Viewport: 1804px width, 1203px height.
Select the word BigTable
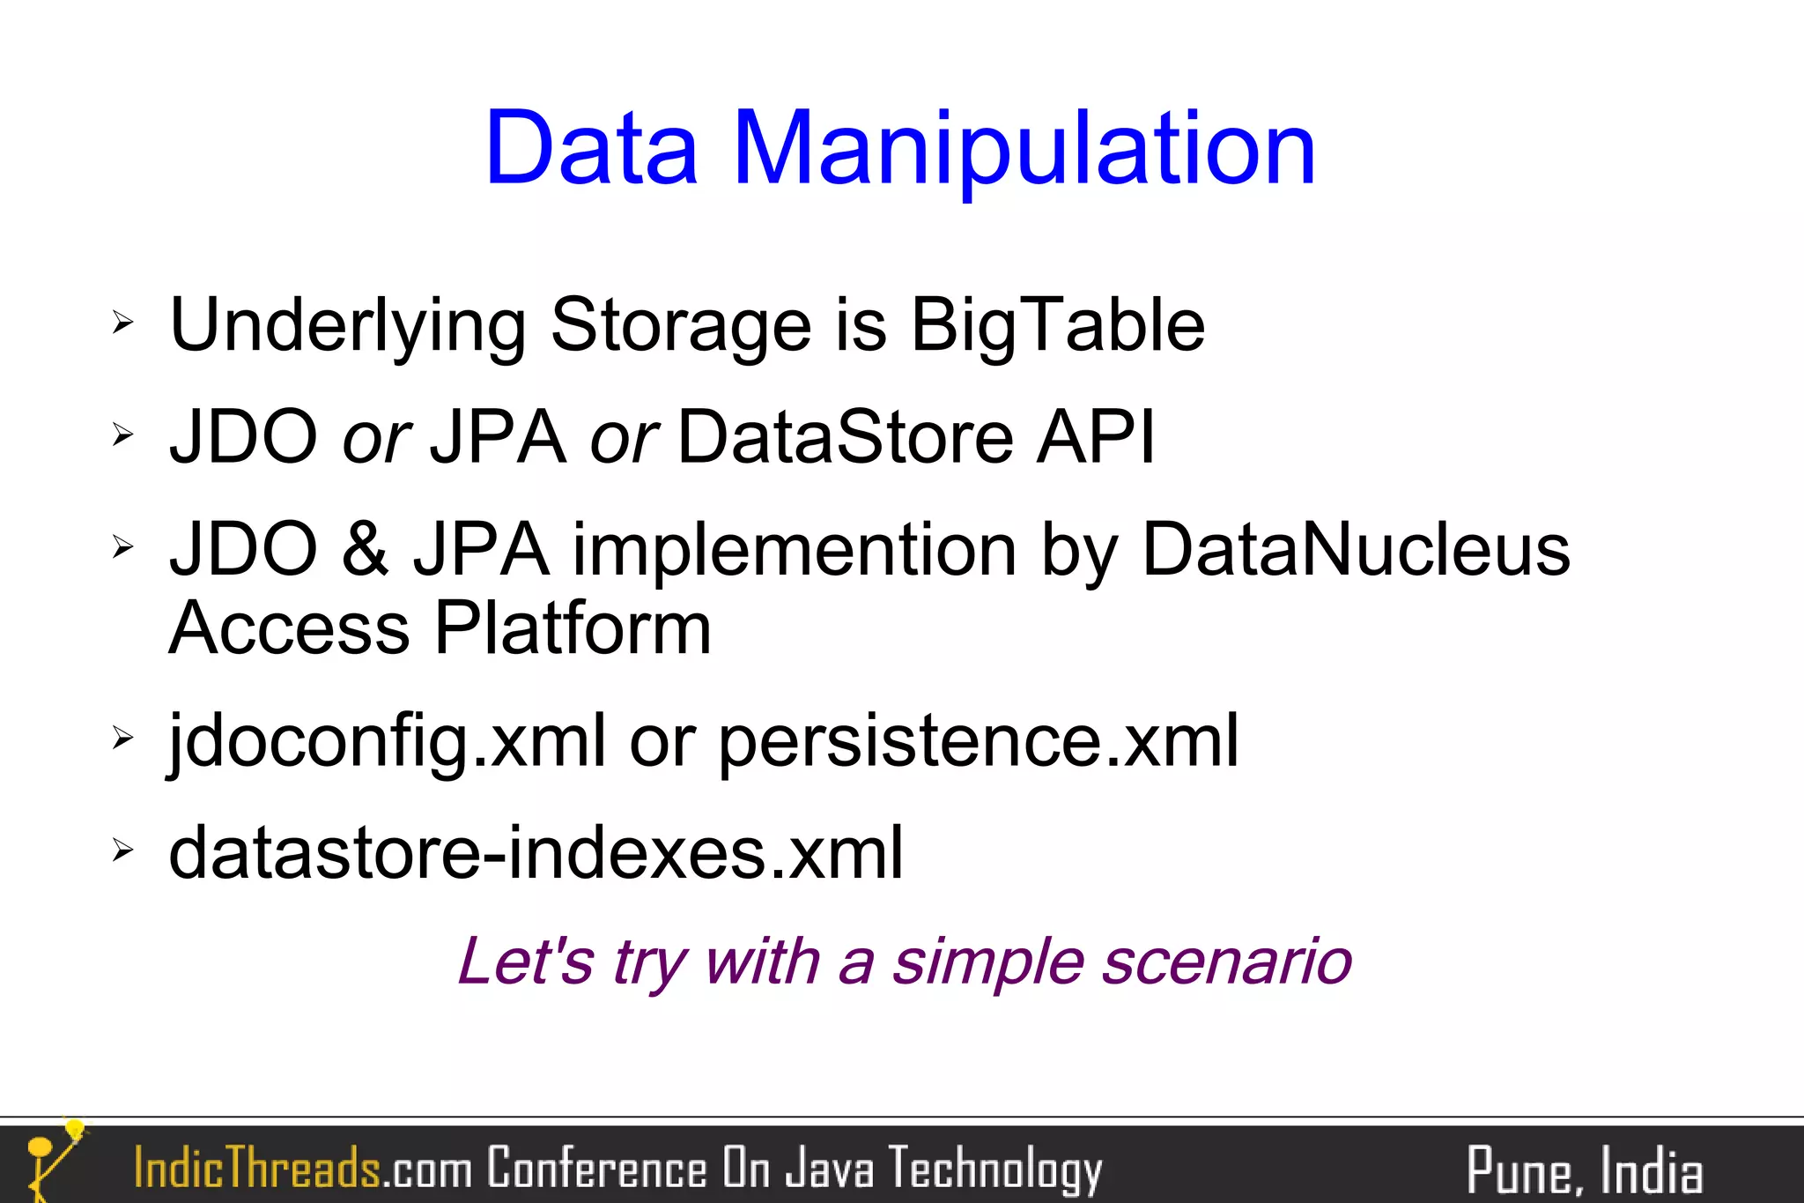pyautogui.click(x=1057, y=325)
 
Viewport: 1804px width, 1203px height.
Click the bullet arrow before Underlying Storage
pyautogui.click(x=122, y=323)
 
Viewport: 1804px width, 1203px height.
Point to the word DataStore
pyautogui.click(x=846, y=437)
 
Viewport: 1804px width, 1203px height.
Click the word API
pyautogui.click(x=1095, y=437)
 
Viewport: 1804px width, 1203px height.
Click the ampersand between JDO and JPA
pyautogui.click(x=365, y=549)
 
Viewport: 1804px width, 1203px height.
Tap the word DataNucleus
pyautogui.click(x=1356, y=549)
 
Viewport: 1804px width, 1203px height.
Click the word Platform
pyautogui.click(x=573, y=627)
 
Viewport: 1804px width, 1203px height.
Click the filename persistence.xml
pyautogui.click(x=979, y=741)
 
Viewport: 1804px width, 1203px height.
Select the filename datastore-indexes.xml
pyautogui.click(x=536, y=853)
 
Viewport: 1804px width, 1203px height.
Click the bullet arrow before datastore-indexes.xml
pyautogui.click(x=122, y=850)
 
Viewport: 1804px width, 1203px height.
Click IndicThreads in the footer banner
pyautogui.click(x=256, y=1168)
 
